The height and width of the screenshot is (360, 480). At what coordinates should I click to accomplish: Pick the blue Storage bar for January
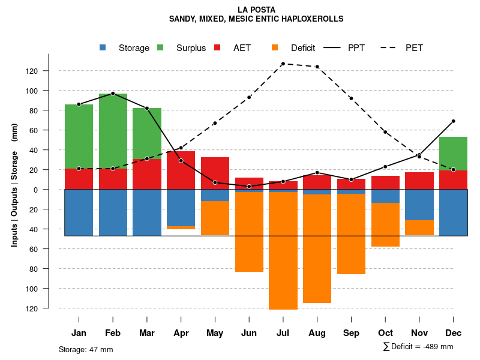coord(79,212)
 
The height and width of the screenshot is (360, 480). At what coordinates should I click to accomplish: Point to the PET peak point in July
coord(283,64)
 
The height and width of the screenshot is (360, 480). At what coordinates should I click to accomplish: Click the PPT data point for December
coord(453,121)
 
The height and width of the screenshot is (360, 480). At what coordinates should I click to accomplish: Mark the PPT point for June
coord(249,187)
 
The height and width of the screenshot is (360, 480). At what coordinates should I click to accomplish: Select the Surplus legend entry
coord(190,48)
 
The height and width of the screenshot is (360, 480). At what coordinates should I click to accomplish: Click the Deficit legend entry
coord(302,48)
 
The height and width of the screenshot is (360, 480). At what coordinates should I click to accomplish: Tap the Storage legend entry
coord(133,48)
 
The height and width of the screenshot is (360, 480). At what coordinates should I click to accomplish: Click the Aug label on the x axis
coord(317,333)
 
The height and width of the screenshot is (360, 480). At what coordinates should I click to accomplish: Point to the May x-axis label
coord(215,333)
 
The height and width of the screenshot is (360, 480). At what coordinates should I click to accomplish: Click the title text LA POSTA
coord(256,10)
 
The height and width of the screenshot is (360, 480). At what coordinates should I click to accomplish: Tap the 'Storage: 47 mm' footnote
coord(86,349)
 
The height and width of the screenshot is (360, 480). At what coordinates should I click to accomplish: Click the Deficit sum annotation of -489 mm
coord(418,347)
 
